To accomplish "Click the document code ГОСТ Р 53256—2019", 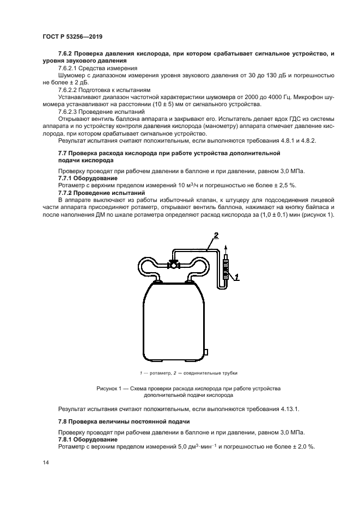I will click(72, 36).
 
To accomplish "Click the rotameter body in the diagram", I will click(226, 269).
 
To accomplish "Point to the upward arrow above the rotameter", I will click(226, 252).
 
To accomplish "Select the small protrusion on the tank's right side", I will click(206, 352).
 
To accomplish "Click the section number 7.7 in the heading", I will click(64, 154).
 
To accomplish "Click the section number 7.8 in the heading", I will click(64, 422).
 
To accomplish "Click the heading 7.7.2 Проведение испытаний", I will click(101, 193).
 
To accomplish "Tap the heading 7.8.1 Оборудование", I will click(88, 439).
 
